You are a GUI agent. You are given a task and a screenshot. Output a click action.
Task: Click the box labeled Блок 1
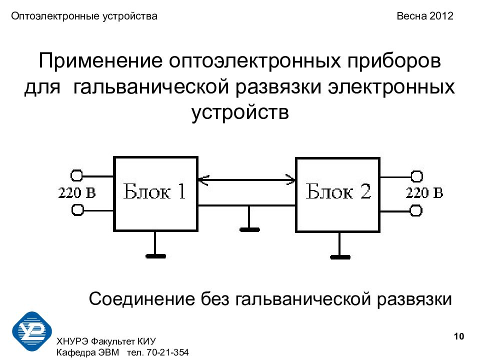(x=155, y=194)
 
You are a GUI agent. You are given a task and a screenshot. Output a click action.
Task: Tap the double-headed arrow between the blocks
(x=245, y=178)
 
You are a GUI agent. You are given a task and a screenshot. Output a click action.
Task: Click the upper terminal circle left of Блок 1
(x=77, y=175)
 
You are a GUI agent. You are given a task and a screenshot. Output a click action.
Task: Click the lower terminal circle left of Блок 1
(x=77, y=210)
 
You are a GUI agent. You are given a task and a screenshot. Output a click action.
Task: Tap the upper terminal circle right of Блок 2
(x=416, y=176)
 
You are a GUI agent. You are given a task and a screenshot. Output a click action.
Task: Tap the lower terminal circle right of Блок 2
(x=416, y=210)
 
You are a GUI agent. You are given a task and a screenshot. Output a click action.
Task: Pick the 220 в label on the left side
(x=77, y=193)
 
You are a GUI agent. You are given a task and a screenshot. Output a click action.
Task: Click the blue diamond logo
(x=32, y=330)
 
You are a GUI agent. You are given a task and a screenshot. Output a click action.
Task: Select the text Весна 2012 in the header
(x=425, y=16)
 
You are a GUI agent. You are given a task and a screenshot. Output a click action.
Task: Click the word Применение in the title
(x=100, y=63)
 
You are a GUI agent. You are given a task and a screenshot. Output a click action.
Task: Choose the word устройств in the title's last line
(x=240, y=112)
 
